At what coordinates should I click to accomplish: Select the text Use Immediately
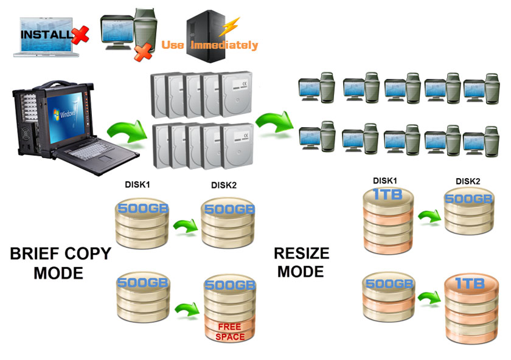(210, 45)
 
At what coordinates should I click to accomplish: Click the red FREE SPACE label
(229, 332)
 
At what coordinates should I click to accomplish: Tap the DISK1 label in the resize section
(386, 181)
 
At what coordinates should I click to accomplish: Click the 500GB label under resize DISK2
(468, 199)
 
